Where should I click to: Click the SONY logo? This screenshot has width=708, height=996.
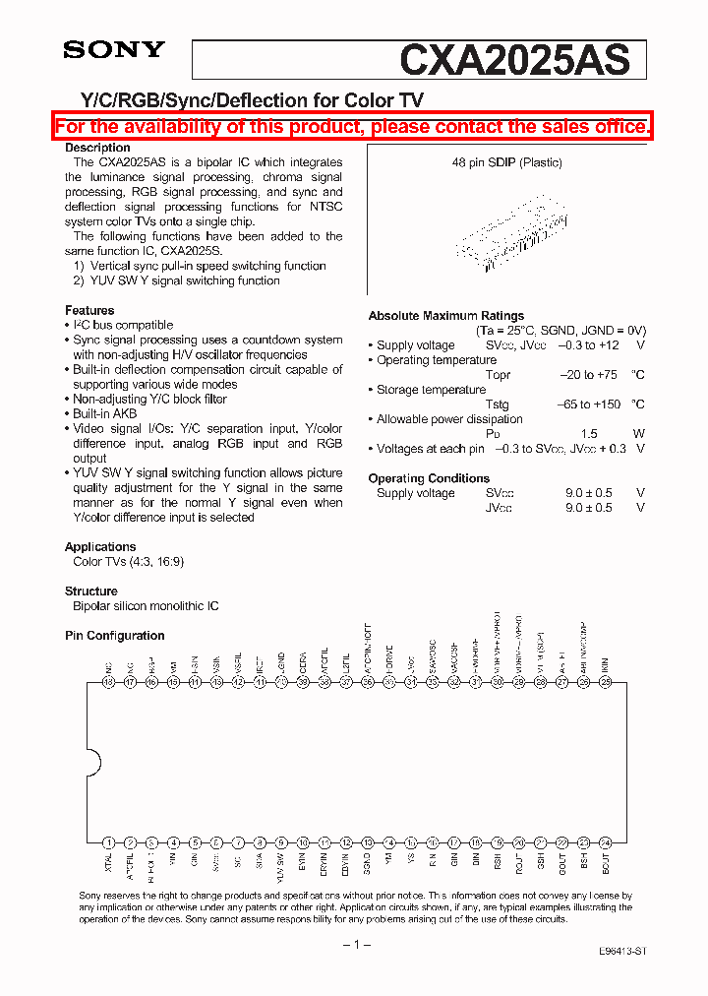pos(114,50)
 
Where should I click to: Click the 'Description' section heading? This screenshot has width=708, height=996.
pos(97,148)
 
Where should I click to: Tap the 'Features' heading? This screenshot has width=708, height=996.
pos(89,310)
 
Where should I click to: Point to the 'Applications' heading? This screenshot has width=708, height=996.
pos(100,546)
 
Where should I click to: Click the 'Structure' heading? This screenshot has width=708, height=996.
pos(91,591)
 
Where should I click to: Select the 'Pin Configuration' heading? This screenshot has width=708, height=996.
pos(115,636)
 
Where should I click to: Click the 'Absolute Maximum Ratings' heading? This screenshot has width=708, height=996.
pos(446,316)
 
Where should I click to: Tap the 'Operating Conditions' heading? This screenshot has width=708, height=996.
pos(429,478)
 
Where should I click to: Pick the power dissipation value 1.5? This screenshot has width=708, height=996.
pos(589,434)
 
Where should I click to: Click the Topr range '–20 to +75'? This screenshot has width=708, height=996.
pos(589,375)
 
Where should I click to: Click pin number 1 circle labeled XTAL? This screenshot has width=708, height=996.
pos(108,842)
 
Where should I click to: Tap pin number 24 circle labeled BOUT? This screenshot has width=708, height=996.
pos(606,842)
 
